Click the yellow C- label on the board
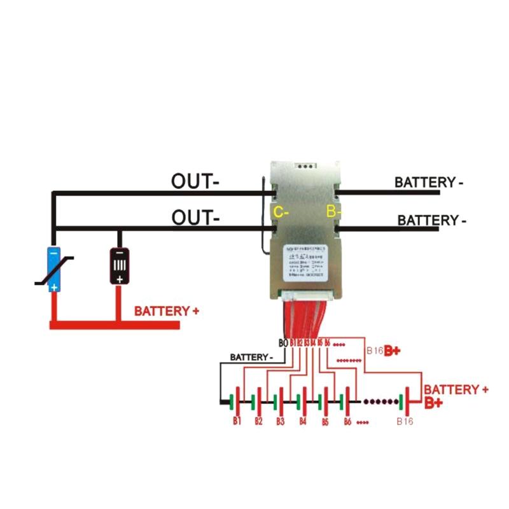[280, 213]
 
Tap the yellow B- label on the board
[333, 211]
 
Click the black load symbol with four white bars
[119, 267]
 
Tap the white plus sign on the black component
[119, 279]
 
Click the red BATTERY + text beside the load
[166, 311]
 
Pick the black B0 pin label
[283, 344]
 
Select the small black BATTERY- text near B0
[252, 357]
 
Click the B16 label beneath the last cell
[405, 421]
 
